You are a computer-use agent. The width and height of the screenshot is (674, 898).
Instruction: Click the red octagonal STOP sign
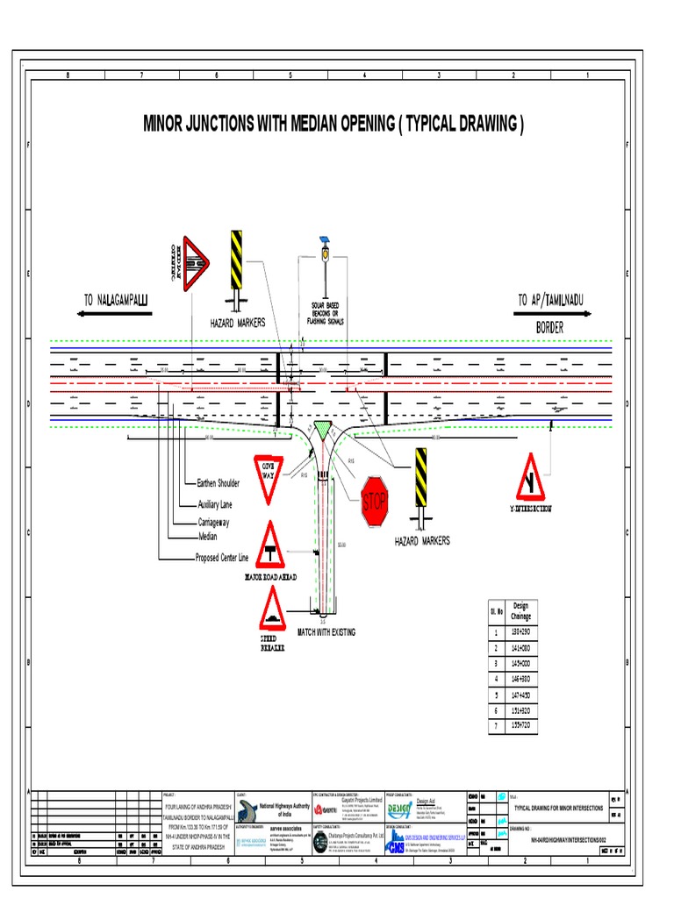[374, 502]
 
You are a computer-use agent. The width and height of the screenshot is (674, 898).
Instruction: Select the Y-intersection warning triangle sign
[529, 478]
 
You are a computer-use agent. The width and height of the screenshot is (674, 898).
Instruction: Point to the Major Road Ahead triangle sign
[271, 546]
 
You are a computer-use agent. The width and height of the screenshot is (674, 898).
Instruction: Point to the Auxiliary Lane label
[216, 504]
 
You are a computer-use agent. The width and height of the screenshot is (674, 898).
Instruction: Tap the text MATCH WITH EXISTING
[326, 632]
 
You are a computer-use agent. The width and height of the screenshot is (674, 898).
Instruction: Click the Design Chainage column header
[520, 611]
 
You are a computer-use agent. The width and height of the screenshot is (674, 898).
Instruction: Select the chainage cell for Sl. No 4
[521, 678]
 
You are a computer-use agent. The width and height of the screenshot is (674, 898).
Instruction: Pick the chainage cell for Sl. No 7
[521, 726]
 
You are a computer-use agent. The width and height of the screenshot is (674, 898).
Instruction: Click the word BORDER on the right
[549, 328]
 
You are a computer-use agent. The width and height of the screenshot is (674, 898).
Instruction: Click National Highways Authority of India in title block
[285, 810]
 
